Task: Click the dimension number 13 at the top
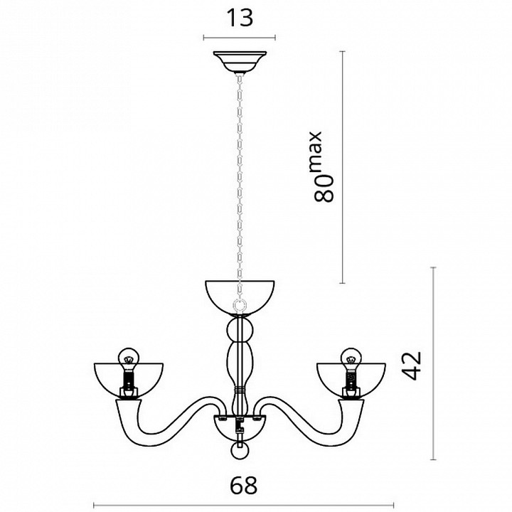(x=240, y=18)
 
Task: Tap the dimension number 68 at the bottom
(x=244, y=486)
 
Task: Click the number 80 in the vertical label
(x=324, y=188)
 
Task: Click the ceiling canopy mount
(x=240, y=62)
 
